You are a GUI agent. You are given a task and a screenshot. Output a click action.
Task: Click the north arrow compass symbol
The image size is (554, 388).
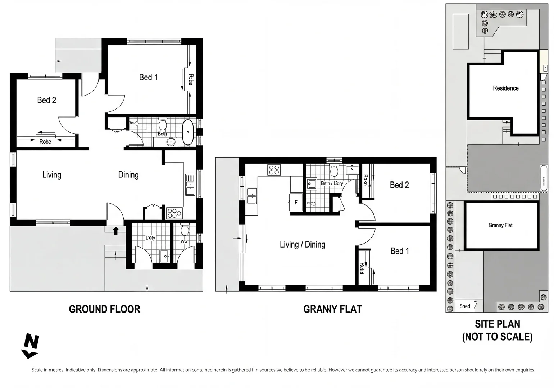coord(30,346)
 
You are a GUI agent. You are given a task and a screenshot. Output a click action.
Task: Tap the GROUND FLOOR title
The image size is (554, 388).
coord(104,309)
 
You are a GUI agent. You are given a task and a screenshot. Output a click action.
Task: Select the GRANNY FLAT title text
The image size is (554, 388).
coord(332,309)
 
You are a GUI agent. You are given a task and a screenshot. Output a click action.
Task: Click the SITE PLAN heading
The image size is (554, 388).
coord(497,330)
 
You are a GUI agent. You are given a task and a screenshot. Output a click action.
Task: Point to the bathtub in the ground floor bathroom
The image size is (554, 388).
coord(188,132)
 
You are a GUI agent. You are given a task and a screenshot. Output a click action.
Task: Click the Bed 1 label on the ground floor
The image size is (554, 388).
coord(148,77)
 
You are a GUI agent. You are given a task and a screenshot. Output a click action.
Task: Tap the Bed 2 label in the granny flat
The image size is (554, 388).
coord(399,185)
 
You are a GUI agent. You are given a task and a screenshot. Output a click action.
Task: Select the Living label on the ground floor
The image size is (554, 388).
coord(52,175)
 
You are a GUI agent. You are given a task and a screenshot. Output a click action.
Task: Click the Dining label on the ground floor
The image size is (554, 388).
coord(128,175)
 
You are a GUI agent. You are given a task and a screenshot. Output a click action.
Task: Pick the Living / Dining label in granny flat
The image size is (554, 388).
coord(303,245)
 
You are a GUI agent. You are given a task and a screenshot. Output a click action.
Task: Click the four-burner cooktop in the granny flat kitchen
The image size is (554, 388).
coord(274,170)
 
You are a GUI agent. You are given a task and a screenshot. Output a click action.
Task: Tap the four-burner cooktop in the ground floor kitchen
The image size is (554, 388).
coord(174,213)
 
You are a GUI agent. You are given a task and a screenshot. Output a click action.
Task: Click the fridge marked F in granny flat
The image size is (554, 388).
coord(296,203)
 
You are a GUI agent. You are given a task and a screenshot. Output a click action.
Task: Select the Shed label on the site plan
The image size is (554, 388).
coord(464,306)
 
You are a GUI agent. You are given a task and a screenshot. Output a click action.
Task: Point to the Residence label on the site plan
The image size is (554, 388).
coord(505,88)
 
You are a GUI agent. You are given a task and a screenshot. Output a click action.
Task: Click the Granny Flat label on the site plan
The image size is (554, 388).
coord(500,225)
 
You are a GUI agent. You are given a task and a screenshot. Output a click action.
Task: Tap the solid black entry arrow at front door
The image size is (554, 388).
coord(116,230)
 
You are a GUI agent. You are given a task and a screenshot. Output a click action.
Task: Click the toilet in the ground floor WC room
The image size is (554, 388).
coord(185,230)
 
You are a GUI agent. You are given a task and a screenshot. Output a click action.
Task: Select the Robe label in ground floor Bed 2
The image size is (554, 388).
coord(45,142)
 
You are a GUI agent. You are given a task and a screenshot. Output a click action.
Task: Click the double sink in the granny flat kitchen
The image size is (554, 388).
coord(252,196)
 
